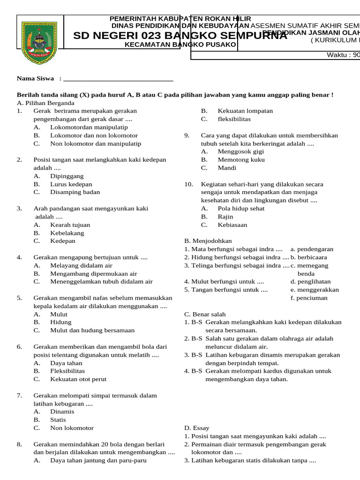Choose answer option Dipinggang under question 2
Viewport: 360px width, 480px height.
tap(67, 176)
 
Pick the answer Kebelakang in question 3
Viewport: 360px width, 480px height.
tap(67, 233)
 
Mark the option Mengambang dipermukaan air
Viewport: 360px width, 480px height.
tap(93, 274)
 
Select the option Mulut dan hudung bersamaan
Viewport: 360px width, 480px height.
tap(92, 330)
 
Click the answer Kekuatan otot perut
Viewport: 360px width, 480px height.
tap(78, 379)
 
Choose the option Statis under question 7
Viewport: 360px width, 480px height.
tap(58, 420)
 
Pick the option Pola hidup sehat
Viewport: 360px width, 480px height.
tap(241, 209)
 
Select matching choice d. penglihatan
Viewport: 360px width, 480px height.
tap(310, 282)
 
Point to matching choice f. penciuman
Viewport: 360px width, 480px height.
tap(309, 298)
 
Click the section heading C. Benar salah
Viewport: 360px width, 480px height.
tap(205, 315)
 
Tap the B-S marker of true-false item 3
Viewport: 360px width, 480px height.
tap(197, 355)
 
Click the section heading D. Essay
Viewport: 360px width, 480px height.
tap(197, 428)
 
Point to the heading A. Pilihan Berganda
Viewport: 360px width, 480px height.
tap(45, 103)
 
